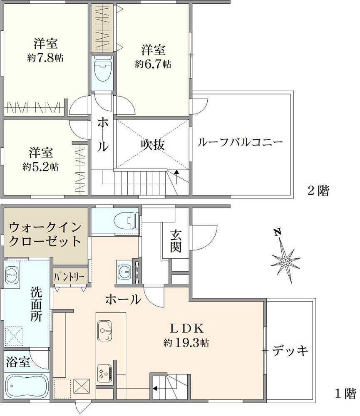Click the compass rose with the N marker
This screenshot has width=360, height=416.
(286, 261)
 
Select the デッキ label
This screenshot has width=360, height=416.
(291, 351)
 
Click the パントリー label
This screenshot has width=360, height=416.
(70, 276)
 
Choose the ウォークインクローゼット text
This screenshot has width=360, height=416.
(45, 234)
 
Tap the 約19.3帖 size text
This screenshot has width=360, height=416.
(186, 344)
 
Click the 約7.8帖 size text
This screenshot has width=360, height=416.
(45, 58)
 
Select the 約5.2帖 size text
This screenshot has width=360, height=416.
(40, 167)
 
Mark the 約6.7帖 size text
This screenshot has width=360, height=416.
(153, 64)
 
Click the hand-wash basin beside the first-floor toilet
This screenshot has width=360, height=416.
(124, 272)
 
